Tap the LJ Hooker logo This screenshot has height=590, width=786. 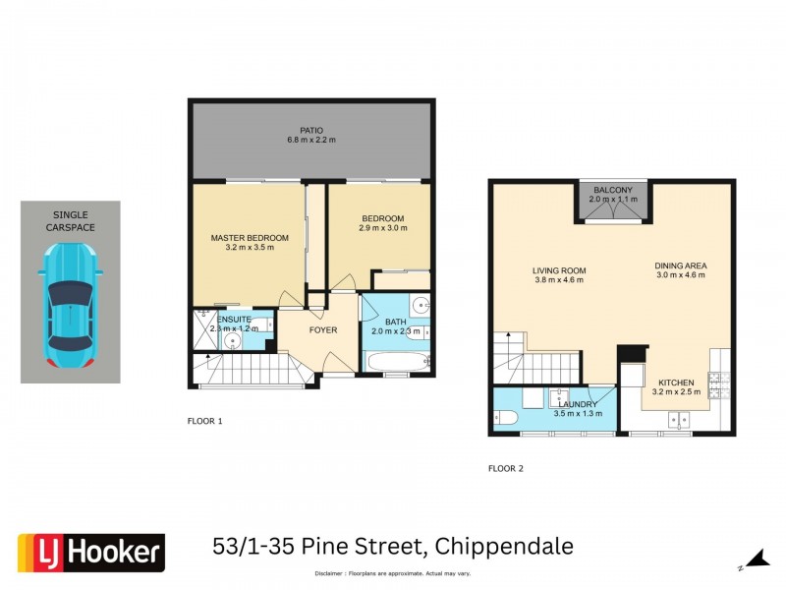(91, 553)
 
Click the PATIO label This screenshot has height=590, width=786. (311, 130)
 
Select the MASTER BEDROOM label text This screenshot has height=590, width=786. (250, 238)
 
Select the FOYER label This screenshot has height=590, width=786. (323, 330)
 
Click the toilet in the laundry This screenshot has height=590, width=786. (502, 418)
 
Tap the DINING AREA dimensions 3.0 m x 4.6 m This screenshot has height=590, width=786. (681, 275)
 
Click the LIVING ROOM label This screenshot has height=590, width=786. (559, 270)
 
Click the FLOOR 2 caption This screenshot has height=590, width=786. (506, 469)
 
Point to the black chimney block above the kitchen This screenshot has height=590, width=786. (629, 353)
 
